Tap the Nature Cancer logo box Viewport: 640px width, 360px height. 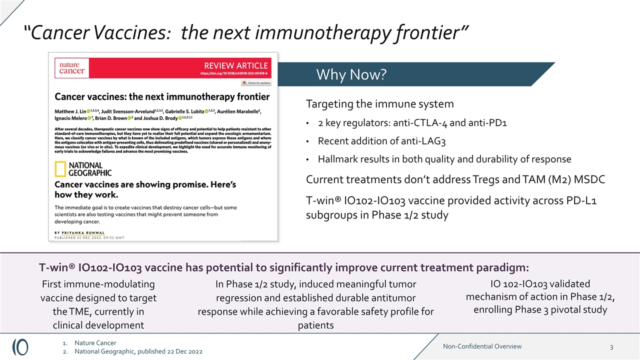point(72,68)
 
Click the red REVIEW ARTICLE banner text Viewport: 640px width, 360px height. point(235,65)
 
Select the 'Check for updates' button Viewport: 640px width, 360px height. point(256,83)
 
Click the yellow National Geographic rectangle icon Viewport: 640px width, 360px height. point(60,169)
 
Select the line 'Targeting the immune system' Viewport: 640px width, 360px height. point(379,104)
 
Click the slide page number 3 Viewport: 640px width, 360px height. point(611,347)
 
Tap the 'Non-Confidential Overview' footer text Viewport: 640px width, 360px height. point(482,346)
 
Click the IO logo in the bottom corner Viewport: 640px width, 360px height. point(20,347)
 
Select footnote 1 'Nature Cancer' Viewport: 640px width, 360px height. point(95,343)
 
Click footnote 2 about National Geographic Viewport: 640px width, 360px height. point(138,352)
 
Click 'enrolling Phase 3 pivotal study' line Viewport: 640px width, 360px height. point(540,309)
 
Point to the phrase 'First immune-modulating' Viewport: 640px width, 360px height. point(98,284)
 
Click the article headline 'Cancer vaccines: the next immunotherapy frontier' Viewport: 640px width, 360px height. point(161,96)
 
